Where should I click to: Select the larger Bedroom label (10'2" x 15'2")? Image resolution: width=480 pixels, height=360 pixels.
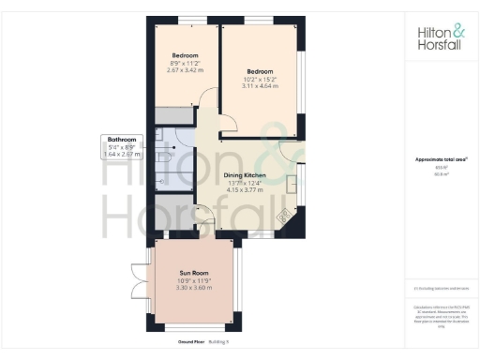[260, 71]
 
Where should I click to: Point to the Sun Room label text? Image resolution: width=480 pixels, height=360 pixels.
[192, 273]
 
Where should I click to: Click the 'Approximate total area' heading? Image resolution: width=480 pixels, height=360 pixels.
[440, 160]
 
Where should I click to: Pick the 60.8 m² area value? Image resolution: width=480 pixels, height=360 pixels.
[440, 173]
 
